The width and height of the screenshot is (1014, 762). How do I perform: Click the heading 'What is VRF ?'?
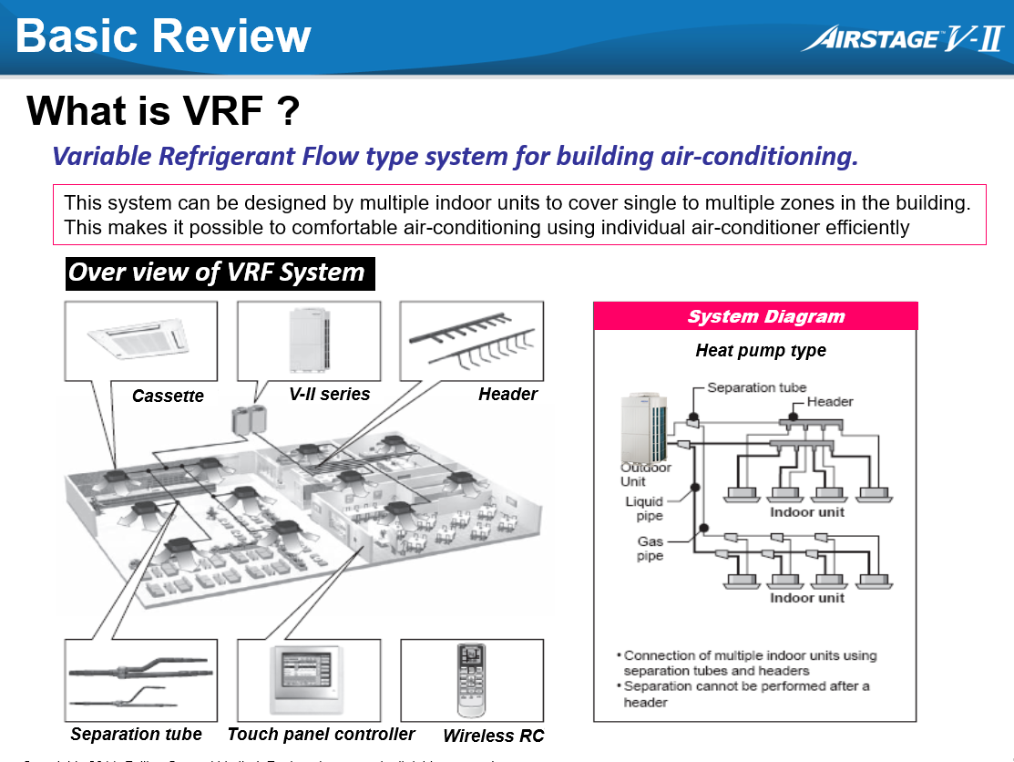pos(163,111)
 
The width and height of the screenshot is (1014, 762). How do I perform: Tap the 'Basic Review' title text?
pos(163,36)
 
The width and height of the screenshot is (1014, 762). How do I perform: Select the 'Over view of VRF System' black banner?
pos(220,273)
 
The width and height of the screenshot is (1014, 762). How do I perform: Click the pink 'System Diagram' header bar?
pos(755,316)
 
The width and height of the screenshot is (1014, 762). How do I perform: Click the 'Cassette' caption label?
pos(168,396)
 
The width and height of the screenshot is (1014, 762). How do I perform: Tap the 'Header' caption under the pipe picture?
pos(507,394)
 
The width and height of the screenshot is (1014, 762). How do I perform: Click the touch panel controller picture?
pos(306,680)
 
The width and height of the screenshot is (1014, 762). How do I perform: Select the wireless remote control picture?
pos(471,679)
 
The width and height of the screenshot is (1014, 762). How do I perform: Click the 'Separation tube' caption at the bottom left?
pos(137,734)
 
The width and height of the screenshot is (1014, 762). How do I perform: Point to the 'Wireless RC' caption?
pos(493,736)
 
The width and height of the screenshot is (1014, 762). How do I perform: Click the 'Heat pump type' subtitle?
pos(761,350)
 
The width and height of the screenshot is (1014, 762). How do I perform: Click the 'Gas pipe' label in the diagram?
pos(650,549)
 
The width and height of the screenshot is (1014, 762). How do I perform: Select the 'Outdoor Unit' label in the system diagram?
pos(645,474)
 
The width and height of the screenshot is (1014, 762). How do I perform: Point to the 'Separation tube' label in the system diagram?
pos(756,387)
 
